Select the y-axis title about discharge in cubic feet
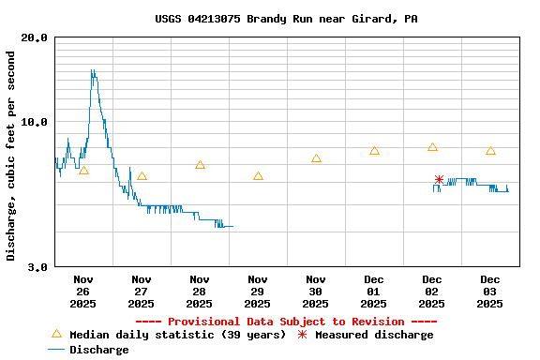pos(11,157)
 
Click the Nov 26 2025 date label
pos(83,291)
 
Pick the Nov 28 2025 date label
pos(200,291)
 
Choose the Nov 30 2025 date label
pos(316,291)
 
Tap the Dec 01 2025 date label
pos(374,291)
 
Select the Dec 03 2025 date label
pos(490,291)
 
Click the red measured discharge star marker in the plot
pos(439,179)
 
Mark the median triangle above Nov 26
pos(83,170)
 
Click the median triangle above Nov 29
pos(258,175)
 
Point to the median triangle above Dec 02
pos(432,147)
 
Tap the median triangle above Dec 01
pos(374,151)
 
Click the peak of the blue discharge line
pos(92,70)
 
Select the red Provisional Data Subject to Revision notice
pos(286,322)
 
